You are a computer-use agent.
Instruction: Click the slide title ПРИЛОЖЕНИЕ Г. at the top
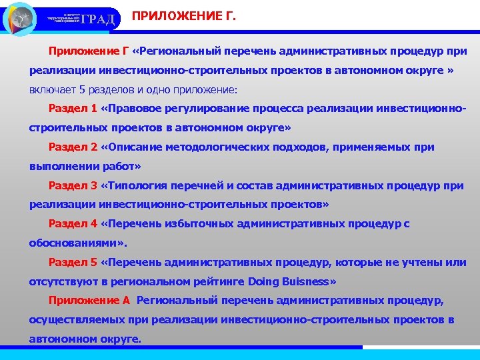click(x=183, y=15)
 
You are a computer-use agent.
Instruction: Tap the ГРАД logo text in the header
click(x=102, y=18)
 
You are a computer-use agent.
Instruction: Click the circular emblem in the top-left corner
click(x=19, y=19)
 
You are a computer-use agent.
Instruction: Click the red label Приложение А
click(x=90, y=301)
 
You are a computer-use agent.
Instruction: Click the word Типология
click(x=137, y=185)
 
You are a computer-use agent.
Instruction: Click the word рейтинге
click(x=215, y=281)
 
